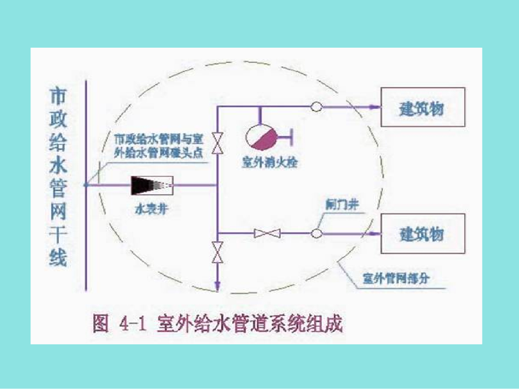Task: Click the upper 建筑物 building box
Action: tap(423, 107)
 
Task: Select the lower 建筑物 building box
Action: tap(423, 233)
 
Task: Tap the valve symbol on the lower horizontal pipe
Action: tap(267, 233)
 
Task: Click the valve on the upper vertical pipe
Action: tap(217, 143)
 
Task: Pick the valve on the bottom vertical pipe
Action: tap(217, 252)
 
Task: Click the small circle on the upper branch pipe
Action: tap(316, 107)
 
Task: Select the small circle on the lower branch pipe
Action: tap(316, 233)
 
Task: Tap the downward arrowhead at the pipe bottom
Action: tap(217, 287)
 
